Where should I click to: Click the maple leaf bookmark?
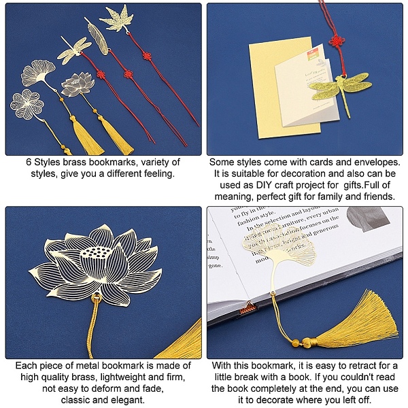pos(117,18)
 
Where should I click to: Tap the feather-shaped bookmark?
pos(97,37)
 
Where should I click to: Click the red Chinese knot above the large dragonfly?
pos(337,41)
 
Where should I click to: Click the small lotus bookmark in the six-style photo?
pos(78,84)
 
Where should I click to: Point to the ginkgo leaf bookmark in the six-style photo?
pos(39,73)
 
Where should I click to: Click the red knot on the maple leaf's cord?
pos(147,56)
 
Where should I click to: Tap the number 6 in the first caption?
pos(29,162)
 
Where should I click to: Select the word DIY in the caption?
pos(264,185)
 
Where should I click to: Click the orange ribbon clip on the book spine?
pos(249,308)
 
